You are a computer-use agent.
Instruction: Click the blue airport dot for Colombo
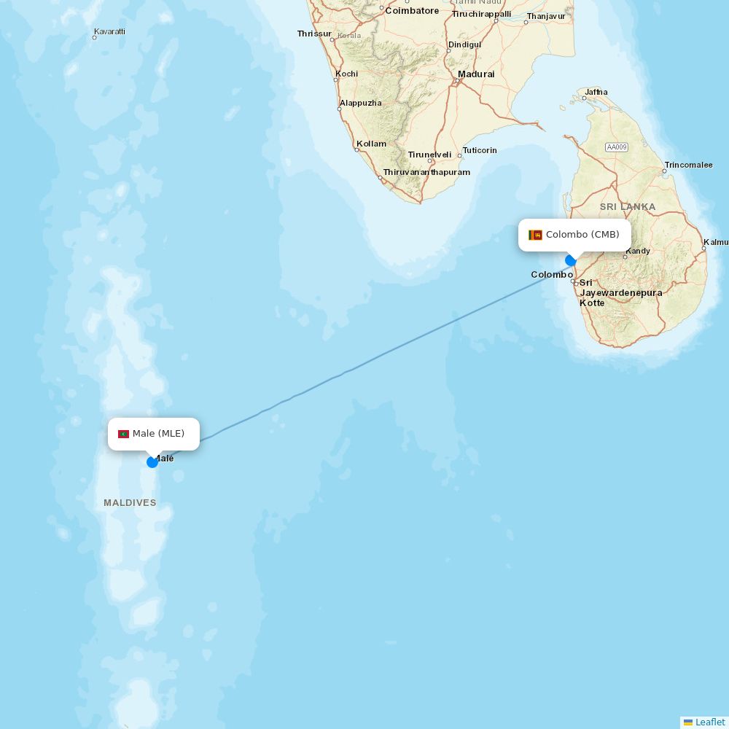pos(571,260)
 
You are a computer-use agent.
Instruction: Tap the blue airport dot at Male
pos(152,461)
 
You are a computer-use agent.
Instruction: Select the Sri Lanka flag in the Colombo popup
pos(535,235)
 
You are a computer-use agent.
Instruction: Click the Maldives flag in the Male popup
pos(123,434)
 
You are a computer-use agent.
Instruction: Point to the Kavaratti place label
pos(109,32)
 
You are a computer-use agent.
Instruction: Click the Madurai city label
pos(476,74)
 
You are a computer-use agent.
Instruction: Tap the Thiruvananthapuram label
pos(426,172)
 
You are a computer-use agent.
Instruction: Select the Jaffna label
pos(596,92)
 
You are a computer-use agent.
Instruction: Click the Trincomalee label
pos(688,165)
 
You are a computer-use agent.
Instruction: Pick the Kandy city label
pos(638,251)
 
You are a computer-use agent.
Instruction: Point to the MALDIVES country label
pos(130,503)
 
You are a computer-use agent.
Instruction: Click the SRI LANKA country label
pos(628,207)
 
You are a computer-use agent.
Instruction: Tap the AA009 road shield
pos(616,147)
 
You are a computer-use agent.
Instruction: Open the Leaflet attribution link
pos(709,722)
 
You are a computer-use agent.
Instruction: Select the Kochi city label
pos(346,74)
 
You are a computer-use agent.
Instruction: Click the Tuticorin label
pos(480,150)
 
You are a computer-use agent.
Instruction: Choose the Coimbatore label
pos(412,11)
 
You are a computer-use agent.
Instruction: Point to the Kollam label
pos(372,144)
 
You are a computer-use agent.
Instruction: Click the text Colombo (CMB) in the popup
pos(582,235)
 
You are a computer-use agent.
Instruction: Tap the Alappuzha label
pos(360,103)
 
